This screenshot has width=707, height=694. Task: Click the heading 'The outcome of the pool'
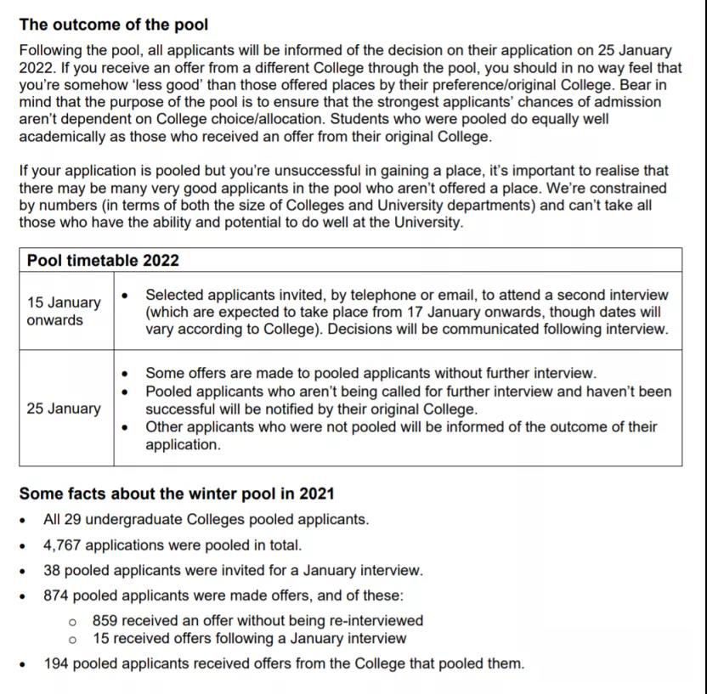[x=113, y=25]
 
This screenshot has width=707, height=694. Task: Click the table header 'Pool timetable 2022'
[x=103, y=260]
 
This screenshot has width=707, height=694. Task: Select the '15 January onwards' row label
[x=63, y=311]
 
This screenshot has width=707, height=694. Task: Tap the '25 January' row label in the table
[x=63, y=409]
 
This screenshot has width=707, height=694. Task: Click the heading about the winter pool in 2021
[x=177, y=494]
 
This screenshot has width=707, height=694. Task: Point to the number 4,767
[x=63, y=545]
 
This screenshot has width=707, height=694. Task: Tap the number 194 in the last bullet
[x=57, y=663]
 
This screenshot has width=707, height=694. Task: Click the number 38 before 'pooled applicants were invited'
[x=52, y=571]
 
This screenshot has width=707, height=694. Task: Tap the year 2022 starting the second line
[x=36, y=68]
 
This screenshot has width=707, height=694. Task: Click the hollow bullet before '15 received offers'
[x=73, y=639]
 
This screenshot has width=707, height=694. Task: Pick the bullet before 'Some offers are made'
[x=127, y=373]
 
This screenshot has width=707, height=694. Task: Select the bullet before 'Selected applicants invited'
[x=127, y=295]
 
